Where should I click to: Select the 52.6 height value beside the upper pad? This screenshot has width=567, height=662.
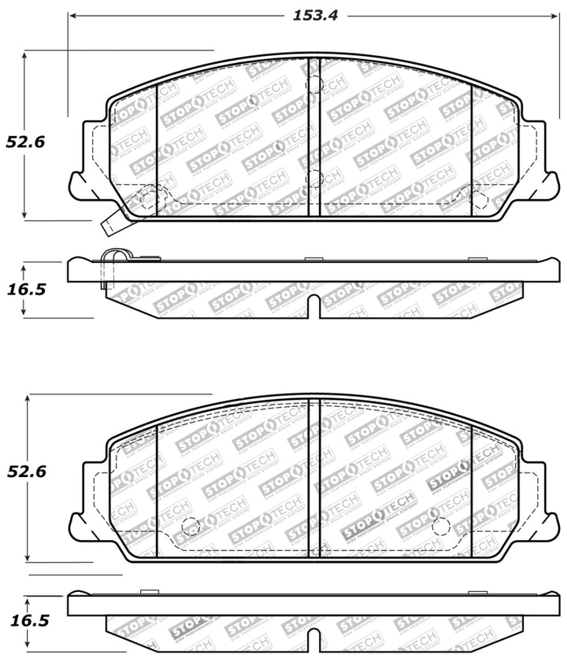pos(26,142)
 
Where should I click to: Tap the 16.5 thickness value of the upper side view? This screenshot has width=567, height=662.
pos(26,289)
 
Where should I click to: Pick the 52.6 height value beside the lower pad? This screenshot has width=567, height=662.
pos(26,472)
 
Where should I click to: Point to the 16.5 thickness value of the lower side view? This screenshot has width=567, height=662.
pos(28,620)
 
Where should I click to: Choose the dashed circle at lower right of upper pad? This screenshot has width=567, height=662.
pos(478,199)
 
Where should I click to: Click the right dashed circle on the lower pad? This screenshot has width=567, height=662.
pos(440,526)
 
